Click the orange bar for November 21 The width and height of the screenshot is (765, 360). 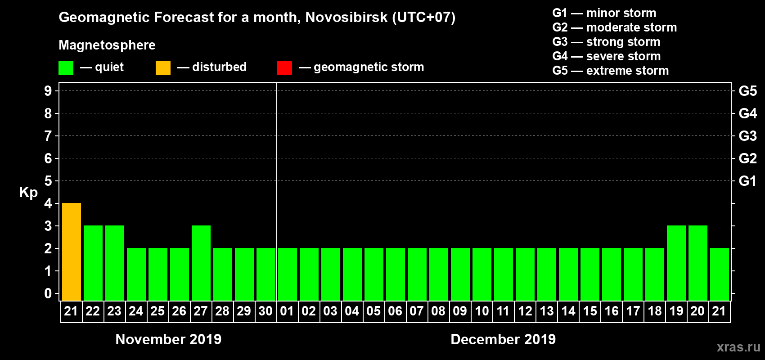[x=72, y=252]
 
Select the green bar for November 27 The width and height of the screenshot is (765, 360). [x=201, y=263]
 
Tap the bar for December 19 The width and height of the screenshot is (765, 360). [x=676, y=263]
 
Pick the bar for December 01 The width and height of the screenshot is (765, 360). [x=288, y=274]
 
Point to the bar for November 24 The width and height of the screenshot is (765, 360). [x=136, y=274]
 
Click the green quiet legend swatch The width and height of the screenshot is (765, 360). [x=66, y=68]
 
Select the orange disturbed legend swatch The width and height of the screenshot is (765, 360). [x=163, y=68]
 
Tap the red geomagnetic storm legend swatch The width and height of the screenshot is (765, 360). [x=284, y=68]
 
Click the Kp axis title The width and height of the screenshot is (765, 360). [x=28, y=192]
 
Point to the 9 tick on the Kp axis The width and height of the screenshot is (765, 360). [x=48, y=91]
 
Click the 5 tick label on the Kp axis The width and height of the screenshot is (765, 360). [x=48, y=181]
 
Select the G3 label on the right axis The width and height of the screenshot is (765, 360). [x=747, y=136]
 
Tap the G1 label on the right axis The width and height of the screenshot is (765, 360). [x=747, y=181]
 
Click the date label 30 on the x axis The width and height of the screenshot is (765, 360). [x=265, y=311]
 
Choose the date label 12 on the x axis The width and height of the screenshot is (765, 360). [x=525, y=311]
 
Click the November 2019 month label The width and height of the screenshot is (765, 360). [x=168, y=339]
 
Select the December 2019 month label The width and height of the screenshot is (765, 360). [x=503, y=339]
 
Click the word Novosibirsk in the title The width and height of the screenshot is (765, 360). [x=346, y=18]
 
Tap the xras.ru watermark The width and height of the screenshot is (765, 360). [x=738, y=347]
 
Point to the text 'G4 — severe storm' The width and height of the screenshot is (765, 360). [x=606, y=56]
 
